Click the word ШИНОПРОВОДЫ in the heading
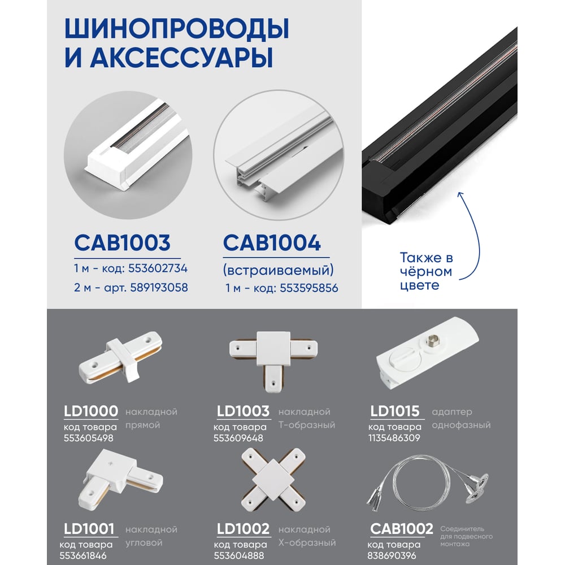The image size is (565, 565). pos(177,28)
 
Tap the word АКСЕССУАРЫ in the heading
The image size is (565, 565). pos(181,57)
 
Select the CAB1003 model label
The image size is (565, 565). pos(122,243)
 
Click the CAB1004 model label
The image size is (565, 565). pos(272,243)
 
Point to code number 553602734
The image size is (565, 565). pos(158,268)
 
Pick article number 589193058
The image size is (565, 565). pos(159,288)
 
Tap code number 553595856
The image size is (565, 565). pos(309,288)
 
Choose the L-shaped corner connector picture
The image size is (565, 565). pos(121,478)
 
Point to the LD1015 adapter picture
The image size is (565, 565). pos(427,353)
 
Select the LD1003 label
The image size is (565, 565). pos(243,411)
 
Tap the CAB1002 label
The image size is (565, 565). pos(401,529)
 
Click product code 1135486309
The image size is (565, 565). pos(394,438)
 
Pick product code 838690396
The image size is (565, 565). pos(392,555)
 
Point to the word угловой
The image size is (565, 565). pos(144,543)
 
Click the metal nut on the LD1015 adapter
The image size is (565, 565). pos(431,340)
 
